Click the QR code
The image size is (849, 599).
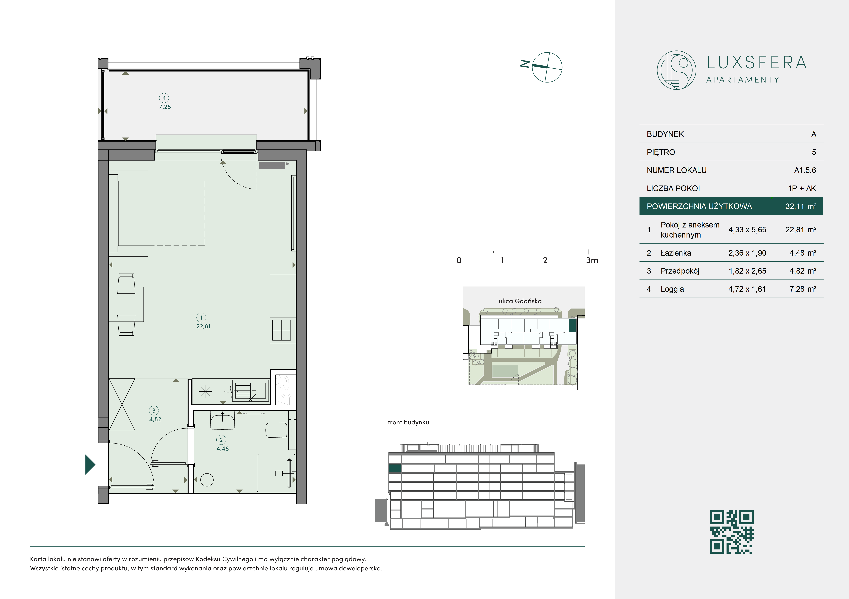731,532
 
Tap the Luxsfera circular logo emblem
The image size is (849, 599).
676,70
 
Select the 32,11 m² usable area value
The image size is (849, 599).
801,206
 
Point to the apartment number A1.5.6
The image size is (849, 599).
805,170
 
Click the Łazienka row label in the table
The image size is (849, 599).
676,253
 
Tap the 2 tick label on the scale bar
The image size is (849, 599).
545,260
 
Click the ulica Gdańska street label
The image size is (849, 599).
520,301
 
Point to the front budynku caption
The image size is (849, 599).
408,422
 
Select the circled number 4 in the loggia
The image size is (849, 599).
164,98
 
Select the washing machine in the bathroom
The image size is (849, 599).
207,480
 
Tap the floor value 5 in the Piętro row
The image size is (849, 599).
814,152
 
